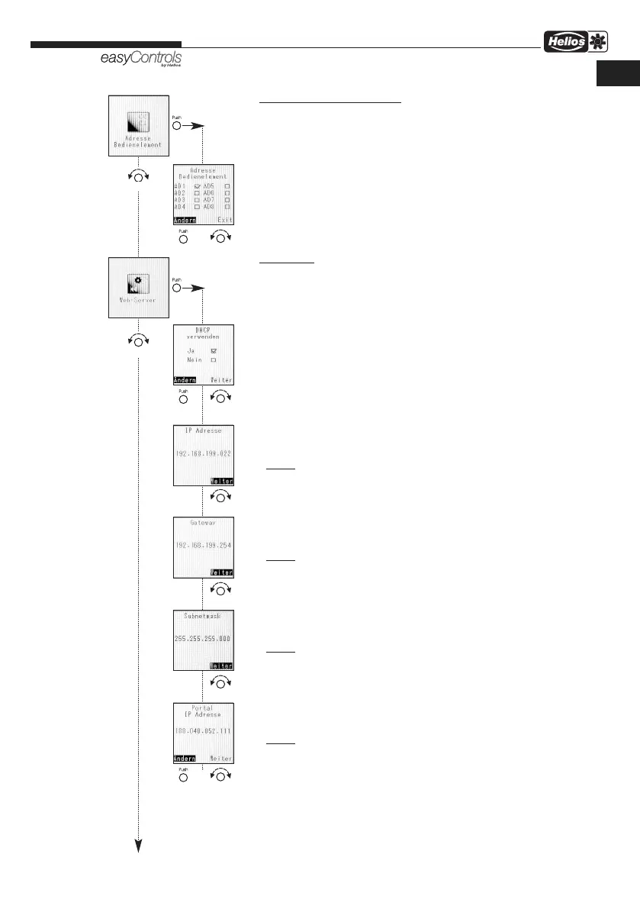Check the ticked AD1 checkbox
pyautogui.click(x=198, y=186)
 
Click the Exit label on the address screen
pyautogui.click(x=224, y=220)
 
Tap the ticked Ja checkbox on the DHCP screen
pyautogui.click(x=214, y=350)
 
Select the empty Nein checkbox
pyautogui.click(x=214, y=359)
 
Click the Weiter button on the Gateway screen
pyautogui.click(x=222, y=572)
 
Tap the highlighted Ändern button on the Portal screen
pyautogui.click(x=185, y=759)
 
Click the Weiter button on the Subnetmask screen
pyautogui.click(x=222, y=666)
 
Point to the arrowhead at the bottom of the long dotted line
pyautogui.click(x=138, y=844)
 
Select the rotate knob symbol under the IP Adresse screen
pyautogui.click(x=221, y=497)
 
